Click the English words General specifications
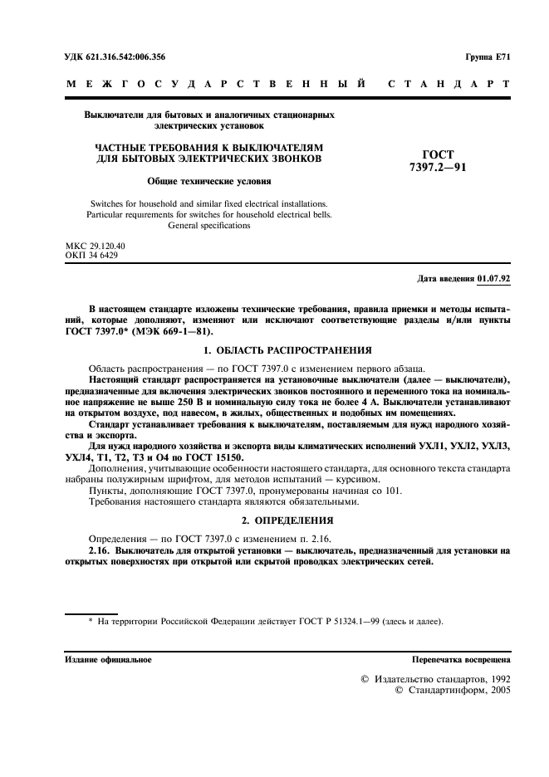[x=208, y=225]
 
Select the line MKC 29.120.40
[x=95, y=247]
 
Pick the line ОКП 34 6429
[x=91, y=256]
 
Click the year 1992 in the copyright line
[x=496, y=679]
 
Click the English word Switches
[x=109, y=203]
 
